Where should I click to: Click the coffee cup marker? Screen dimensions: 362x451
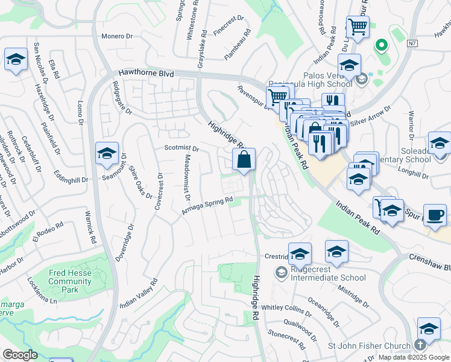click(435, 215)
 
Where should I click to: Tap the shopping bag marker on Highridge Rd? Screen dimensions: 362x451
click(244, 160)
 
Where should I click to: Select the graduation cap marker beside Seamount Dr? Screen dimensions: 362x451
click(107, 154)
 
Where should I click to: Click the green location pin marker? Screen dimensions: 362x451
click(381, 45)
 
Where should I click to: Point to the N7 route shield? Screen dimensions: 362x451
click(412, 43)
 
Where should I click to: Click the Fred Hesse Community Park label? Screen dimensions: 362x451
click(70, 281)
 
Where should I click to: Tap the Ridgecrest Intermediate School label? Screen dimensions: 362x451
click(327, 273)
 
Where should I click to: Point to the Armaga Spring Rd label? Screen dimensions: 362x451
click(207, 205)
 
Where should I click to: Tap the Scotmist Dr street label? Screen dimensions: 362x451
click(181, 148)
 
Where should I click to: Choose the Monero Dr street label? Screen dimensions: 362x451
click(116, 36)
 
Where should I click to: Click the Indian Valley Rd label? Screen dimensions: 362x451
click(139, 294)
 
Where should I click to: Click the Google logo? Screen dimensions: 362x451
click(20, 355)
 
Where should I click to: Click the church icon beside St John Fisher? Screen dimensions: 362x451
click(420, 346)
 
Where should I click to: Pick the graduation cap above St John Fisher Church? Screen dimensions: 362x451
click(429, 329)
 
